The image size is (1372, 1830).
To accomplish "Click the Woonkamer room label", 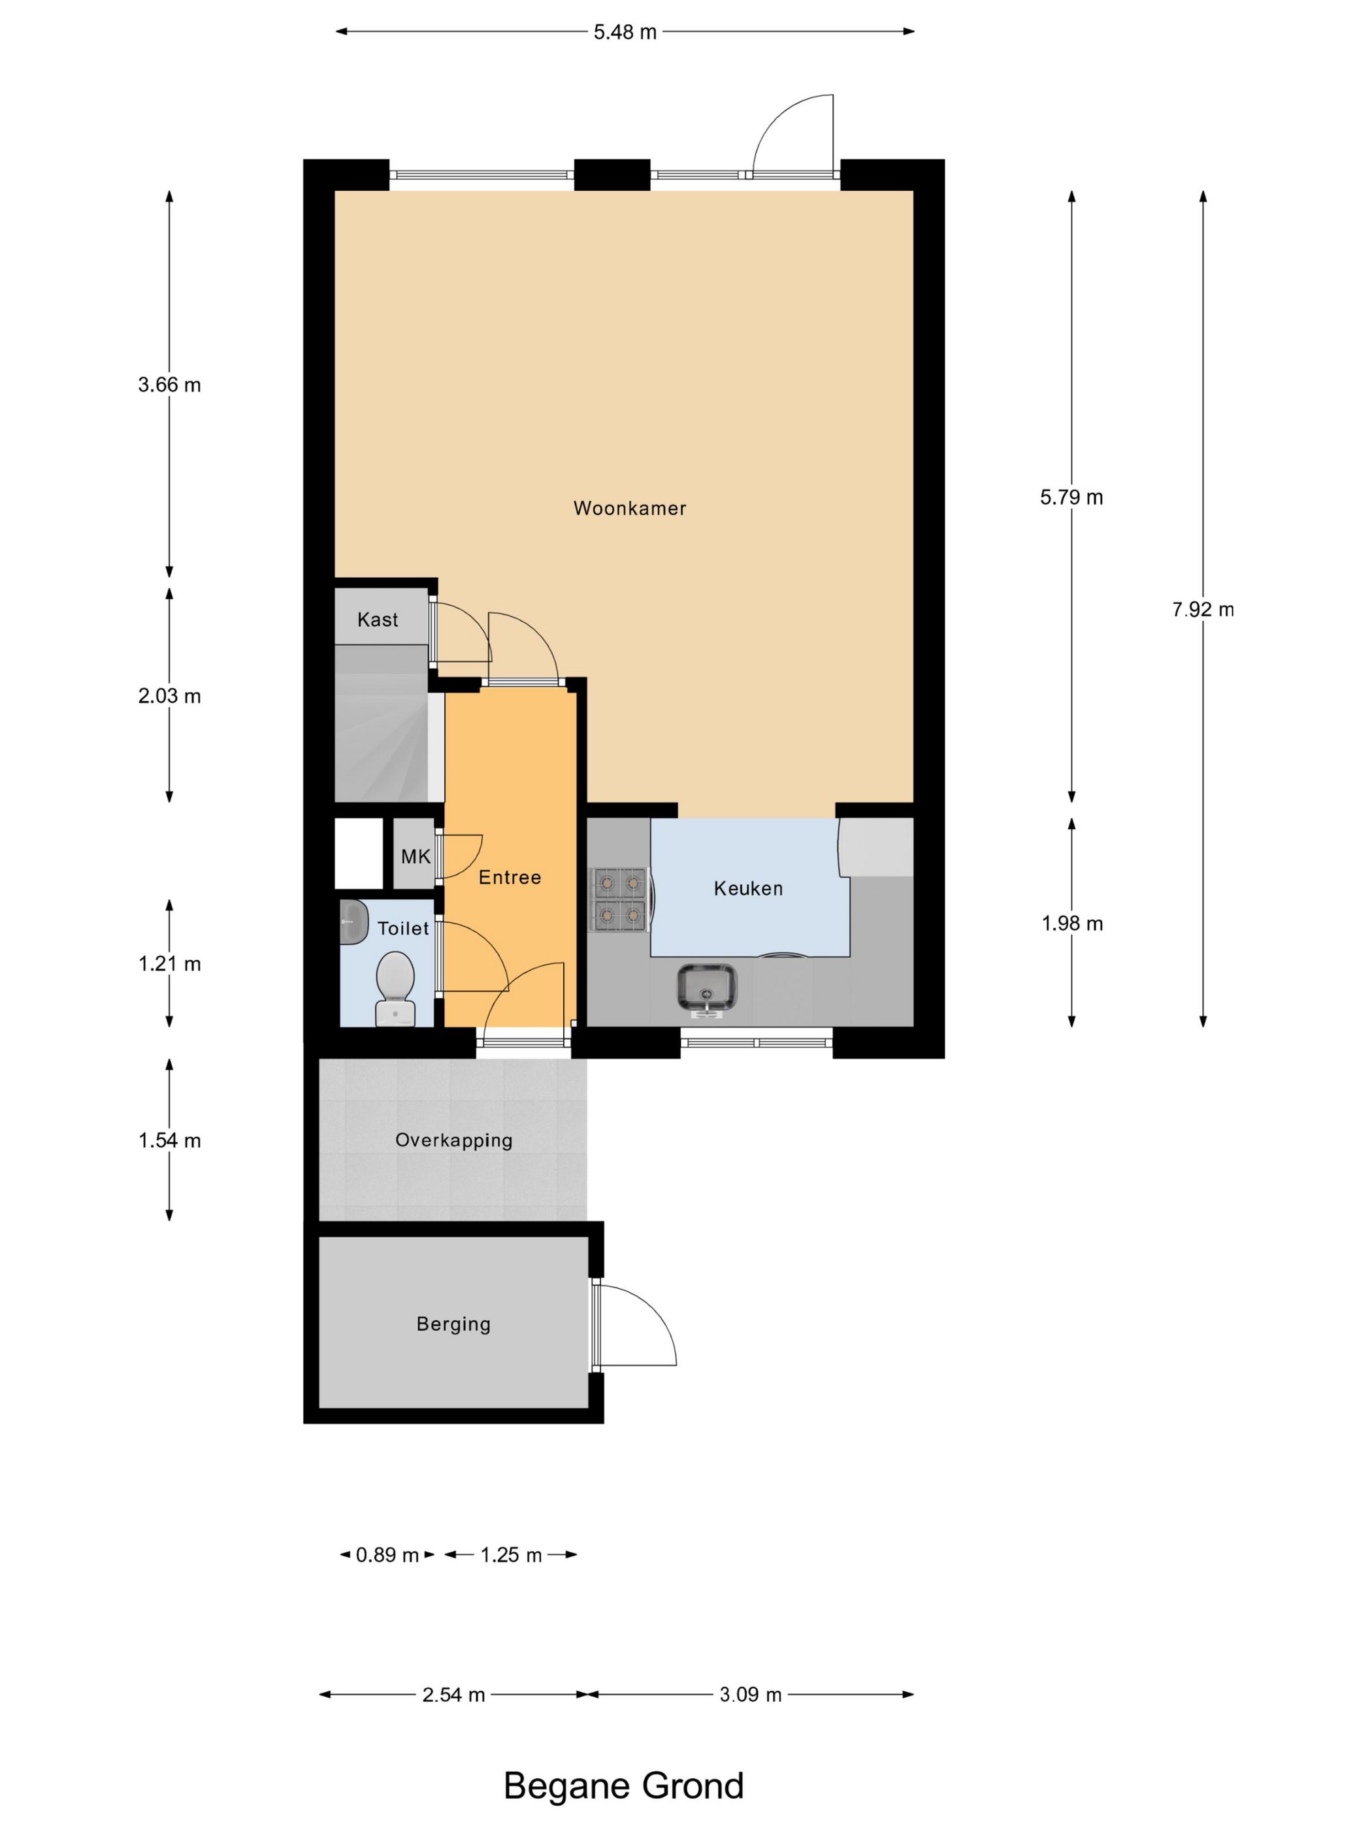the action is click(x=629, y=508).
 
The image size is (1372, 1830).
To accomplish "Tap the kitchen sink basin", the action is click(x=706, y=989).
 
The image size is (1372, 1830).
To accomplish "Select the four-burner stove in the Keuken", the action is click(x=619, y=899).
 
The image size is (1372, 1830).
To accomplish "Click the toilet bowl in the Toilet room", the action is click(x=395, y=988).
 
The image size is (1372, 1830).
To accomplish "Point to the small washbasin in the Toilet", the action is click(x=353, y=921).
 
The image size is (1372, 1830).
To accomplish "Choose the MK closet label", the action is click(x=415, y=856).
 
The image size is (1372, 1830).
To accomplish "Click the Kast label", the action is click(x=377, y=620).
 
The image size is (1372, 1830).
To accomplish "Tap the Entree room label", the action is click(x=510, y=877).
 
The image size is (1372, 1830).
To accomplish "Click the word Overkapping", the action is click(x=453, y=1140).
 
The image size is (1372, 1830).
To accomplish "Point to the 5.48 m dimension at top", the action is click(x=625, y=32).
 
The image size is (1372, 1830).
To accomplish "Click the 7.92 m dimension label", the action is click(x=1203, y=610).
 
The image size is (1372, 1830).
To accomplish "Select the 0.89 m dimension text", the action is click(x=387, y=1555).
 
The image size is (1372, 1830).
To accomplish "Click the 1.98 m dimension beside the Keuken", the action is click(x=1072, y=923).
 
